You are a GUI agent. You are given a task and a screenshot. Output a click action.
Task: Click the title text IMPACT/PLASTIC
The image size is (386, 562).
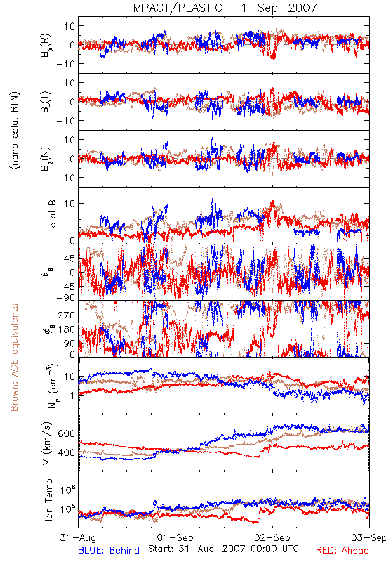(176, 8)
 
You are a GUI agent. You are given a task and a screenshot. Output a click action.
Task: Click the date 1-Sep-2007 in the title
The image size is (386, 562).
(279, 8)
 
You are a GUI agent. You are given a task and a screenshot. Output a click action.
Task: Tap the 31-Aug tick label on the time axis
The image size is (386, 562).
(78, 537)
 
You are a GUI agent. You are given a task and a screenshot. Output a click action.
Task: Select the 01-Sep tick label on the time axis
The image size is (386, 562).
(175, 537)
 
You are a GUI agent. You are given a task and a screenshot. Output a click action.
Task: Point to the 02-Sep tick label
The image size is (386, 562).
(272, 537)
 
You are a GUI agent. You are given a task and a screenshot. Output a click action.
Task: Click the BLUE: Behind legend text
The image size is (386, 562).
(109, 550)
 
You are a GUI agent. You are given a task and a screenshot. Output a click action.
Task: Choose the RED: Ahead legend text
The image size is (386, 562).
(342, 550)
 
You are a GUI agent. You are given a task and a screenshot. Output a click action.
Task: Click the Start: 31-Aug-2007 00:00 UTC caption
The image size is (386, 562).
(223, 549)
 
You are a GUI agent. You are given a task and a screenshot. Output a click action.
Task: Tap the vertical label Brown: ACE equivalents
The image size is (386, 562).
(14, 358)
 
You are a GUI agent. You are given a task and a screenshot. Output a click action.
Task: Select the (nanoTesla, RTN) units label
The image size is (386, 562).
(15, 131)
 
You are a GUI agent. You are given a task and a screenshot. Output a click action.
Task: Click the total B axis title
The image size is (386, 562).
(52, 216)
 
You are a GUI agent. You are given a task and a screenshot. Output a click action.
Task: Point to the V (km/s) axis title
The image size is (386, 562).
(47, 443)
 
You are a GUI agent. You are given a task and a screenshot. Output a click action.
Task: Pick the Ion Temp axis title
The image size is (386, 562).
(48, 499)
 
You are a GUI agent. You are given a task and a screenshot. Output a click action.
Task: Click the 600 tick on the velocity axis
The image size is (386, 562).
(67, 433)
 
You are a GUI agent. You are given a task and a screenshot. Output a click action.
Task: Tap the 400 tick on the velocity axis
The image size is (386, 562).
(67, 452)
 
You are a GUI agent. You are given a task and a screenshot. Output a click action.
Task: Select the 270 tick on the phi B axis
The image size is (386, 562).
(67, 315)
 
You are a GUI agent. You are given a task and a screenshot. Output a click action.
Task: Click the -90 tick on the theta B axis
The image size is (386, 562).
(65, 298)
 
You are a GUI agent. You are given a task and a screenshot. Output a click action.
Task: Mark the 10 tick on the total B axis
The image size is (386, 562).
(69, 204)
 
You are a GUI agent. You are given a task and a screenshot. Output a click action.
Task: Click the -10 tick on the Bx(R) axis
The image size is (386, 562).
(65, 64)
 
